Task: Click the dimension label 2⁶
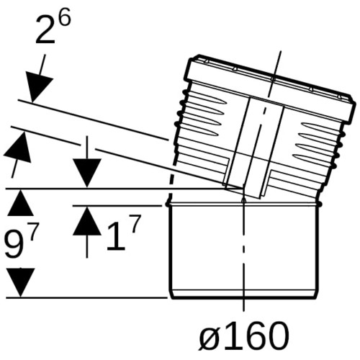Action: (53, 26)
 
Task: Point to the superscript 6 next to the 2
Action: (65, 16)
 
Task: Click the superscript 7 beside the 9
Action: (32, 234)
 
